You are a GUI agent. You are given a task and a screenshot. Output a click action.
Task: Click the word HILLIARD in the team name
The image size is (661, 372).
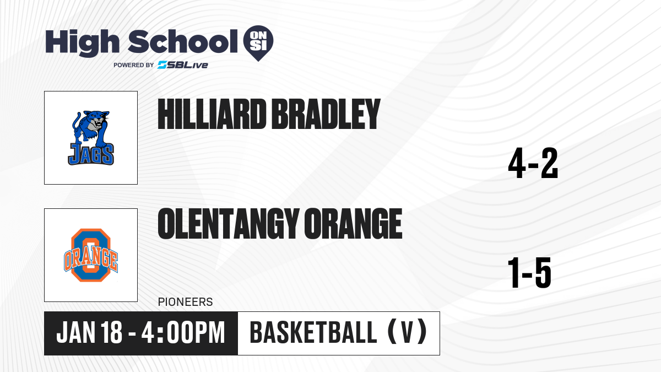[x=212, y=114]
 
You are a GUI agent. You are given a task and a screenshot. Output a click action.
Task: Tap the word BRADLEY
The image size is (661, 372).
[x=326, y=114]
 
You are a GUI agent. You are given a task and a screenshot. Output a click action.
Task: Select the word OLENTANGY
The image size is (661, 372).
[x=228, y=224]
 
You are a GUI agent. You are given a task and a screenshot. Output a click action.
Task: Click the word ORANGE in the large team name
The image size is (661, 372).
[x=353, y=224]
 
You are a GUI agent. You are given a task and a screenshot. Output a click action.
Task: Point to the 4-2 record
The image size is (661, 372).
[x=533, y=163]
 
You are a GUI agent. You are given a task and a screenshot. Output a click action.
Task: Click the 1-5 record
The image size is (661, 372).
[x=529, y=272]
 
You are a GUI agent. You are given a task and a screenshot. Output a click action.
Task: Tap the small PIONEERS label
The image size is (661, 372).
[x=185, y=302]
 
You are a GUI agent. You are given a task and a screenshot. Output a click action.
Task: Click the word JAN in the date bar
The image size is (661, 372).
[x=76, y=332]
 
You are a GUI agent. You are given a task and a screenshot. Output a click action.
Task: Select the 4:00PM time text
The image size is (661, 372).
[x=183, y=332]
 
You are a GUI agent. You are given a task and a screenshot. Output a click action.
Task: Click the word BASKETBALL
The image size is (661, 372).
[x=313, y=332]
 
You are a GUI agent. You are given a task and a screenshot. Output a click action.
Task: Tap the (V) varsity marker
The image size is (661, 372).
[x=407, y=332]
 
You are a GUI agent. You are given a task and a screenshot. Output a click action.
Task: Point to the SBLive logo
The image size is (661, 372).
[x=183, y=65]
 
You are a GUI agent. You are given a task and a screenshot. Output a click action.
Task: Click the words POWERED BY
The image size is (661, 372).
[x=134, y=65]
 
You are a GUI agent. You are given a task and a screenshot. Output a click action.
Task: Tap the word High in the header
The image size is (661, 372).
[x=82, y=42]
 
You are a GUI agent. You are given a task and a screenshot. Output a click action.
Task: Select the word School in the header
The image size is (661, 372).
[x=183, y=41]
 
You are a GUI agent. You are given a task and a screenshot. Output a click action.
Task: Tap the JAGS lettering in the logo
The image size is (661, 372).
[x=91, y=154]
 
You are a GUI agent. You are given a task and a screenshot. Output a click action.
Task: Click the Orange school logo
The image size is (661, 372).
[x=91, y=255]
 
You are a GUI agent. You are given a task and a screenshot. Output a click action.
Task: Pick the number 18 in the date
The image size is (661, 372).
[x=111, y=332]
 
